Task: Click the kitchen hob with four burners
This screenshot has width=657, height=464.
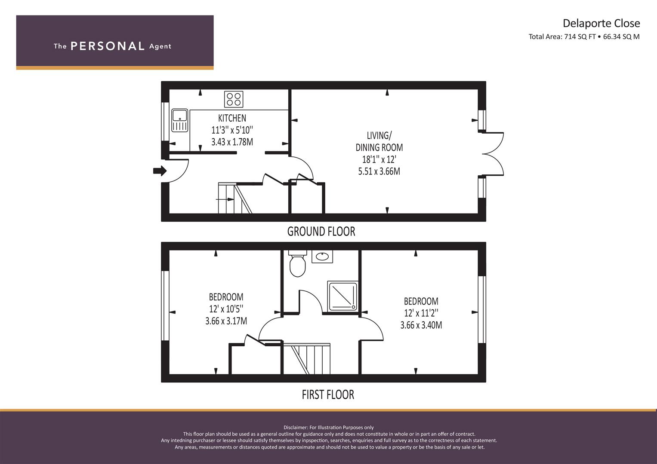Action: pos(234,99)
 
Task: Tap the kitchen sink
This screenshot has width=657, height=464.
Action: pos(179,120)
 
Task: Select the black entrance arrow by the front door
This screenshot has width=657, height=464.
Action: pos(160,171)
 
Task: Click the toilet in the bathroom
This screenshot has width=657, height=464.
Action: pos(297,263)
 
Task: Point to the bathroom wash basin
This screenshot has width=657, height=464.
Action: pos(322,256)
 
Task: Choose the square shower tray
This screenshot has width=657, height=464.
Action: pos(342,296)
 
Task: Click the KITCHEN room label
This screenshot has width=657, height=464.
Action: pos(232,118)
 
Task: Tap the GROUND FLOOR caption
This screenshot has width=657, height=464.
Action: pos(321,232)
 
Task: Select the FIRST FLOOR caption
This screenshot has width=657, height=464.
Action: pos(328,394)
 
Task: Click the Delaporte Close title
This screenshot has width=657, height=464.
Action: pos(601,23)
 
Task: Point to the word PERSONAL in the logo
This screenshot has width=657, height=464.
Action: pos(108,46)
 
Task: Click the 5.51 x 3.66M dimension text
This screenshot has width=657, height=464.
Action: pos(379,171)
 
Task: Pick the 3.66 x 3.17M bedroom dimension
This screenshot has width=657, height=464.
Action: pos(226,321)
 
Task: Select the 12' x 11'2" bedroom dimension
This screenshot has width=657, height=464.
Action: pos(421,313)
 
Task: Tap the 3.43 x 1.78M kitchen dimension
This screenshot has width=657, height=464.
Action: pos(232,142)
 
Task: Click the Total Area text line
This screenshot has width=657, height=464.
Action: pos(584,37)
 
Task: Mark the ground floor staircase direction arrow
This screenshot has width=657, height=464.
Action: pos(225,199)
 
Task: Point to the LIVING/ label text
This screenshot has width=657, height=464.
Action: pos(379,136)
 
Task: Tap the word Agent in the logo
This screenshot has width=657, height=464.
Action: pos(160,46)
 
